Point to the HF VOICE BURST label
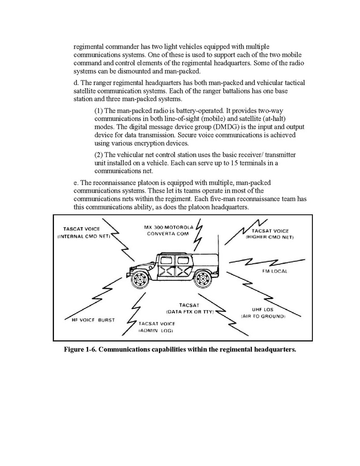[x=93, y=320]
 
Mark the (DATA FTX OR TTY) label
[x=190, y=312]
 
